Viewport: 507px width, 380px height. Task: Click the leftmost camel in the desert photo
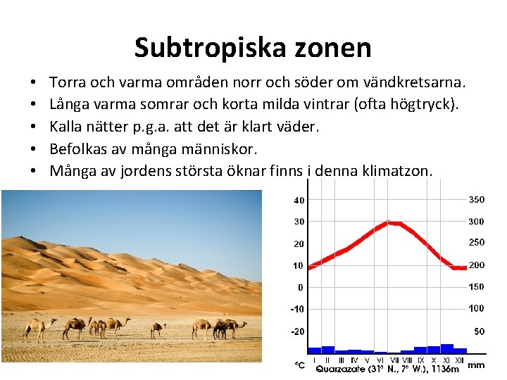point(39,328)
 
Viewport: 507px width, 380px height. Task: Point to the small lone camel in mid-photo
point(158,329)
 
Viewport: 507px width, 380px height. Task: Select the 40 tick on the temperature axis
point(299,200)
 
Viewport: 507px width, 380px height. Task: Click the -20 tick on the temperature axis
point(299,331)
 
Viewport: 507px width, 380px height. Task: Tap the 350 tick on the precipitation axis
point(477,200)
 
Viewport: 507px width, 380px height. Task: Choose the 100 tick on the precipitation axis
point(477,308)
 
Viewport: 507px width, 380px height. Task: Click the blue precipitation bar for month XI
point(446,348)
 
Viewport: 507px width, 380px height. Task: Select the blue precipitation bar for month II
point(327,349)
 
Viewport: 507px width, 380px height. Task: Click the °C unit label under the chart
point(299,366)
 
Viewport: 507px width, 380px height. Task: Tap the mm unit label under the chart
point(476,365)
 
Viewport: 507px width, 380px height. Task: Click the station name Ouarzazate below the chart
point(341,368)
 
